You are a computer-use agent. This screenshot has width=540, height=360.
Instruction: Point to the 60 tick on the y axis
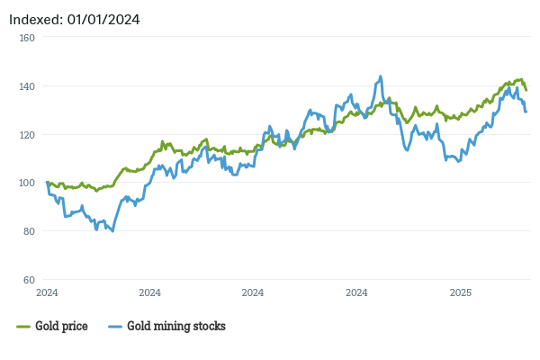26,280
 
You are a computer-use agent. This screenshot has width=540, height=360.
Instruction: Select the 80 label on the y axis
26,231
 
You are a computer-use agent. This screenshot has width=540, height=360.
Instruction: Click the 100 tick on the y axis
24,183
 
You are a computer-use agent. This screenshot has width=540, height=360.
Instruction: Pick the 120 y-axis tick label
24,134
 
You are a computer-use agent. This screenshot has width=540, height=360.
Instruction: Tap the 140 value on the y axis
24,86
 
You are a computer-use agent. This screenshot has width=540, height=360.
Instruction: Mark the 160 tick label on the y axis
24,38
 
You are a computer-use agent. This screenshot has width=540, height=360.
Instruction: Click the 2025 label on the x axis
460,292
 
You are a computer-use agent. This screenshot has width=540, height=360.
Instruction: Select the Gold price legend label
61,326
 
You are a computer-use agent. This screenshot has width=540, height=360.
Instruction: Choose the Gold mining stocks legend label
176,326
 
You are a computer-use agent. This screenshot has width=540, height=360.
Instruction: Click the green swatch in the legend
23,326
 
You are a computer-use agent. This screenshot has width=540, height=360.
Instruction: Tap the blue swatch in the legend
114,326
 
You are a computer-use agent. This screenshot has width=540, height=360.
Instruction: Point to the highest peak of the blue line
381,76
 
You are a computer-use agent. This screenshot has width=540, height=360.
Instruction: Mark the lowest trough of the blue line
112,231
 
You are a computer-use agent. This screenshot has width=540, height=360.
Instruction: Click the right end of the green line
526,89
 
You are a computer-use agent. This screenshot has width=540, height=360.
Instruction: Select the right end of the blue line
526,112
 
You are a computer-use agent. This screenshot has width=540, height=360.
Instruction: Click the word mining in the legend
175,326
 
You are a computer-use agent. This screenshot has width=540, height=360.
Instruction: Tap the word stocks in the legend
210,326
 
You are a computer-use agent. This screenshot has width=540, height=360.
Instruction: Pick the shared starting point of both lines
47,183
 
